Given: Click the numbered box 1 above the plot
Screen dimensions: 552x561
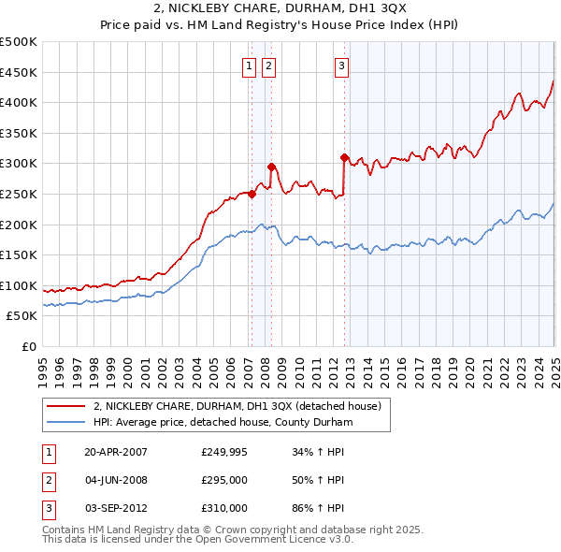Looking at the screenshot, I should (x=250, y=65).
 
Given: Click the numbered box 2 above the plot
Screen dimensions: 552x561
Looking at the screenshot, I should (x=268, y=65).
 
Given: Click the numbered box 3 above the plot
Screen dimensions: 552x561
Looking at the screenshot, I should (x=342, y=65).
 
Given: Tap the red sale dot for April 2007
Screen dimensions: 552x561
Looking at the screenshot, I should (x=252, y=194).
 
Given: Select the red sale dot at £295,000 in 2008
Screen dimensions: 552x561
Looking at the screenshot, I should (x=271, y=167).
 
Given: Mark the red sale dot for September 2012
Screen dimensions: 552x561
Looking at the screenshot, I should (x=344, y=157).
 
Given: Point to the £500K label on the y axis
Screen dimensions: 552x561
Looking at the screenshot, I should (x=18, y=42).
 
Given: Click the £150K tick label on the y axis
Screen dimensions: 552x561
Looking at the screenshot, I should (x=18, y=254).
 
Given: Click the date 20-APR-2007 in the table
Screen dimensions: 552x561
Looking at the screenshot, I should (x=115, y=452).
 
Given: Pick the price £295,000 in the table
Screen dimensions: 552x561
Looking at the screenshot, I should (x=224, y=480).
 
